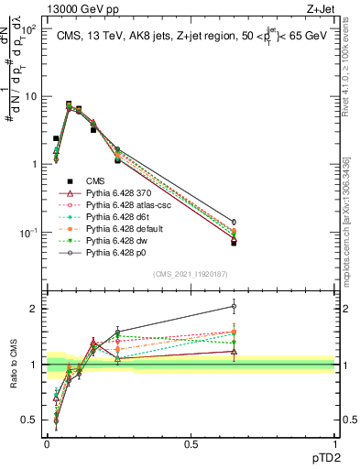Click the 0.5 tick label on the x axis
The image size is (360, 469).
tap(191, 442)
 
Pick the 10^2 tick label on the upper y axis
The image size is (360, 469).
tap(28, 29)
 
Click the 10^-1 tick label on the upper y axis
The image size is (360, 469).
tap(28, 233)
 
